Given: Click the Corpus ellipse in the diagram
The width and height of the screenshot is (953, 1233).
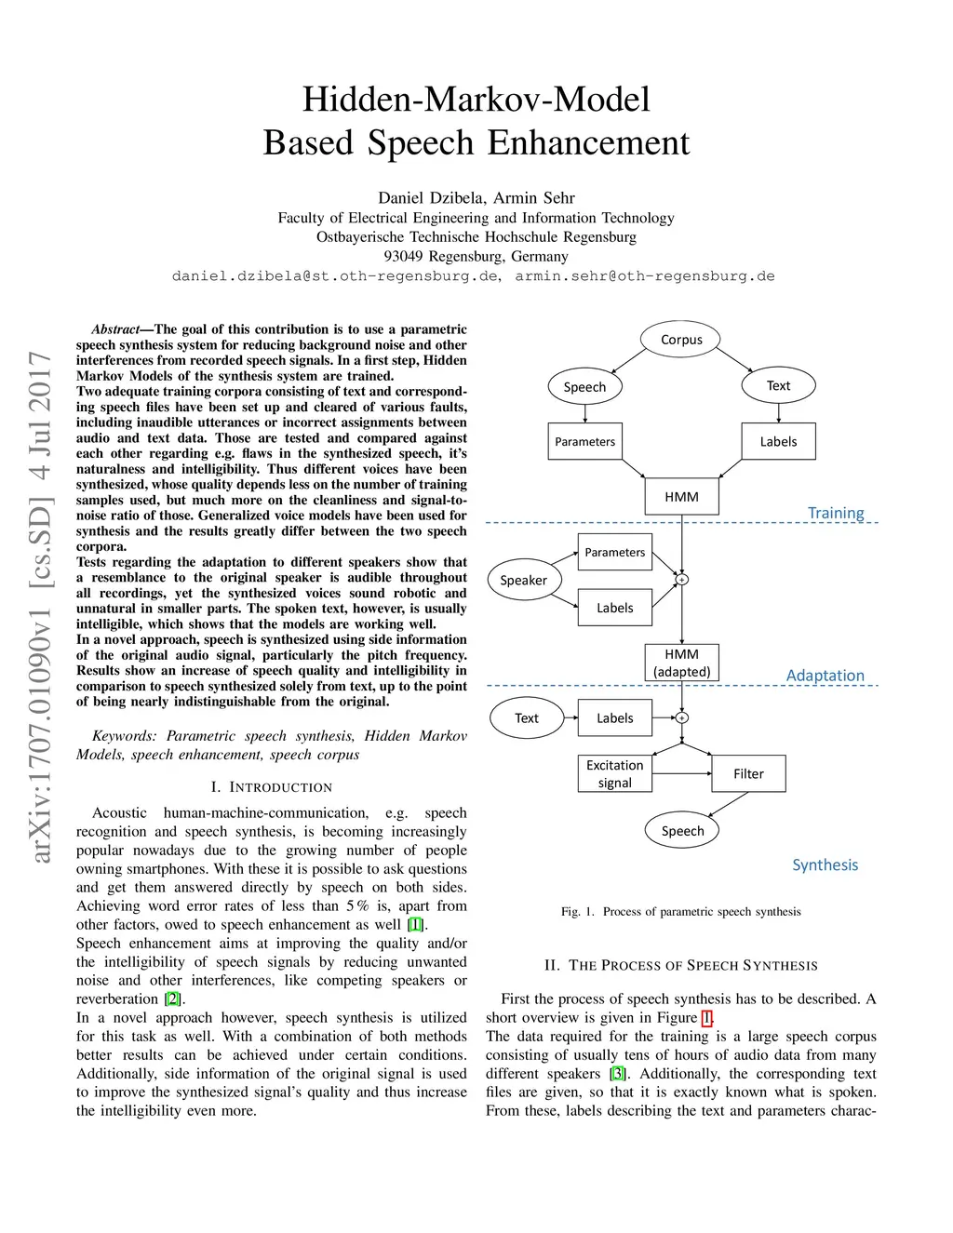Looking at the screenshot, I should click(x=681, y=340).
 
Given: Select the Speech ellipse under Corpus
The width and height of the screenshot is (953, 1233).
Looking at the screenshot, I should click(x=584, y=386).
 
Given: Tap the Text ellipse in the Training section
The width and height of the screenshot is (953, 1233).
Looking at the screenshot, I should click(x=778, y=385).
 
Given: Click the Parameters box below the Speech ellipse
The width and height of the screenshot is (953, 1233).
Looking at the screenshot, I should click(x=584, y=441).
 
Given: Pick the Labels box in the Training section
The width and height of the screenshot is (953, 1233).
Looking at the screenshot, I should click(x=778, y=441).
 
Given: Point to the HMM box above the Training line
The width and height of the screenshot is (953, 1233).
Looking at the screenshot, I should click(x=681, y=496).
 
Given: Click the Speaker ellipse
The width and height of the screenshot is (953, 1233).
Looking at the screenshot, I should click(x=523, y=580).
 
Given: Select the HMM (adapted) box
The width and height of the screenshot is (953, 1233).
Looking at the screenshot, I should click(x=681, y=663).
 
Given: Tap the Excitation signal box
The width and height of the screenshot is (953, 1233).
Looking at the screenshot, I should click(x=614, y=773).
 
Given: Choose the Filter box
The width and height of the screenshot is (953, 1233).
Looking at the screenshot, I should click(x=748, y=773).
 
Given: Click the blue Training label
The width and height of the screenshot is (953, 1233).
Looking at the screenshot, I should click(x=835, y=513).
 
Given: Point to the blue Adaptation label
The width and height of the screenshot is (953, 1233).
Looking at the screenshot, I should click(x=825, y=676).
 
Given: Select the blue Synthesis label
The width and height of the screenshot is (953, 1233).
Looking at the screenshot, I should click(x=825, y=864).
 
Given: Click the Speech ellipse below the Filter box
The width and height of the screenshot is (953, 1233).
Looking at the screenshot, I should click(x=682, y=830).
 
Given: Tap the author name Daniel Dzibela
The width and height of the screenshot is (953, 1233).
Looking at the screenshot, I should click(x=431, y=197).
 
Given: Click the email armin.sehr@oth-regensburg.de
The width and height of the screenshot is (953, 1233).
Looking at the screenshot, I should click(x=644, y=276).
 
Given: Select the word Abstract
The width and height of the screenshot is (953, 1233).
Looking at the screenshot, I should click(x=115, y=329).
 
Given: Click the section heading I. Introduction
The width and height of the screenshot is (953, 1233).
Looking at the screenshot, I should click(x=271, y=787).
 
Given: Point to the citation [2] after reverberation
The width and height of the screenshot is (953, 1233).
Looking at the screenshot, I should click(x=173, y=999).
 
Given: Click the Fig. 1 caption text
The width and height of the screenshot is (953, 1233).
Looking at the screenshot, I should click(x=680, y=911).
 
